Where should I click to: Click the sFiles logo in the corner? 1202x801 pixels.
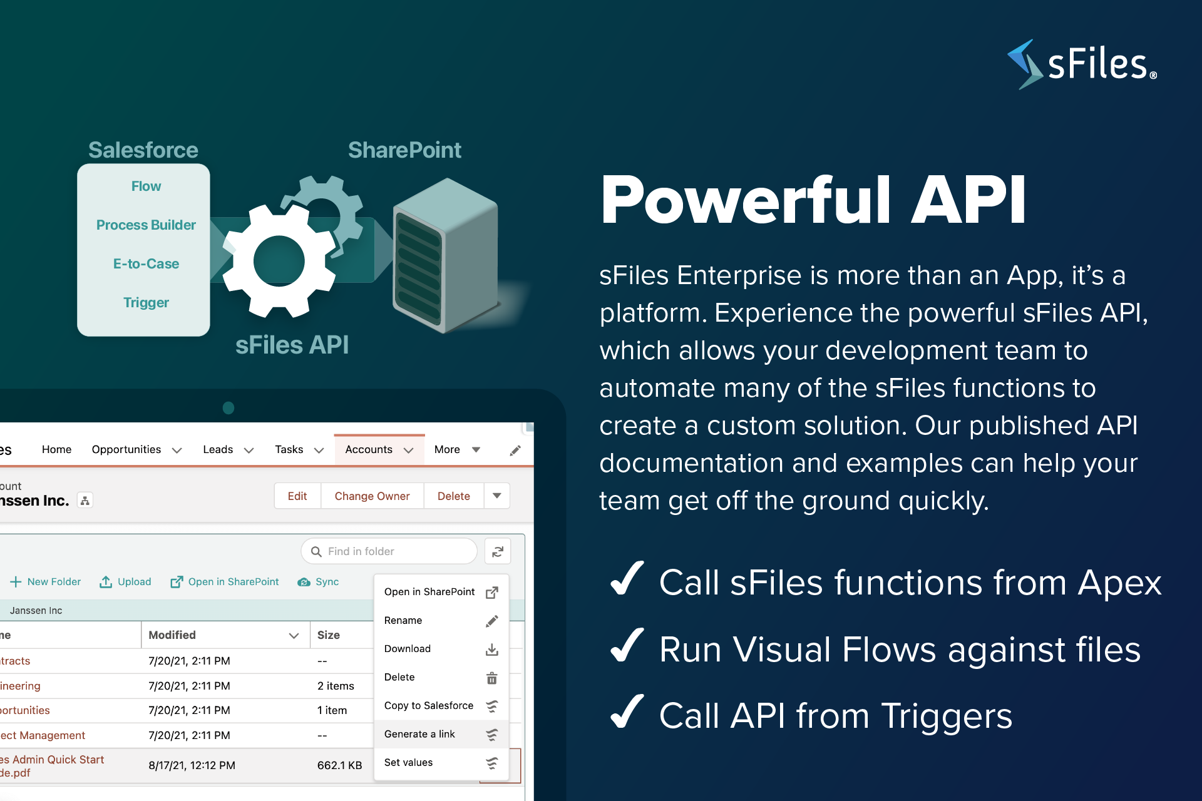1082,64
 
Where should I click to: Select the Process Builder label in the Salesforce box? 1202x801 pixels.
146,225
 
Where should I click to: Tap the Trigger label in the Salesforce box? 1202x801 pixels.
146,302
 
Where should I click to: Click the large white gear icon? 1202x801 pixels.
279,262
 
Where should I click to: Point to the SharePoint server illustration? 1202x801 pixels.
445,255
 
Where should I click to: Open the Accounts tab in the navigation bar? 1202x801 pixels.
369,449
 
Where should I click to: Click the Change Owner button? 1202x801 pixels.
372,496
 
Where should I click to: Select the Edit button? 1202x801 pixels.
297,496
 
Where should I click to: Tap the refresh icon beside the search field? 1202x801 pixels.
498,551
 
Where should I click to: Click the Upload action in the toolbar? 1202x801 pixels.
125,582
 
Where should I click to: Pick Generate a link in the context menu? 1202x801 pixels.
419,734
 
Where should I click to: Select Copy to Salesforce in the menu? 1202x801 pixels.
429,705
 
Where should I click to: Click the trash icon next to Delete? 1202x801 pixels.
492,678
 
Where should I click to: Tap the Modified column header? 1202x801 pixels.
172,635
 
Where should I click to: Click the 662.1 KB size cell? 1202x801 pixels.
339,765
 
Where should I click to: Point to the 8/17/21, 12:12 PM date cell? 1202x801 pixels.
192,765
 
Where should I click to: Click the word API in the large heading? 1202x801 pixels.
968,200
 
